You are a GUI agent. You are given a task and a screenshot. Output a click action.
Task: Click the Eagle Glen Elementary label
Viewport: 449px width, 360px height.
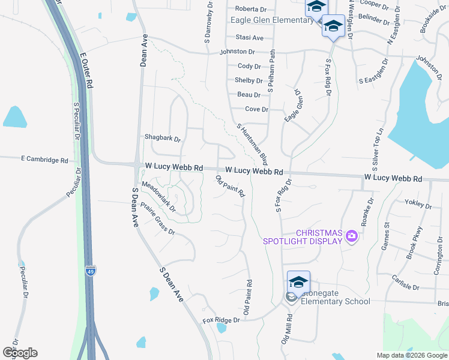click(272, 20)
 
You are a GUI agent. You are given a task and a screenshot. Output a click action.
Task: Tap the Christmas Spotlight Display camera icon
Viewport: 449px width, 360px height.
click(352, 237)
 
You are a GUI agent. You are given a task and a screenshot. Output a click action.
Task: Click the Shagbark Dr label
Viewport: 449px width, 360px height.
click(162, 138)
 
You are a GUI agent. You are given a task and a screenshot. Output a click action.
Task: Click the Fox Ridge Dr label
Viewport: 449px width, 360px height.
click(221, 320)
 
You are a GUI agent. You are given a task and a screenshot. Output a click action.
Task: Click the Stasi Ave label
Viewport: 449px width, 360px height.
click(250, 37)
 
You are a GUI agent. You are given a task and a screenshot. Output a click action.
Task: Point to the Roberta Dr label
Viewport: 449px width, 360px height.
click(250, 9)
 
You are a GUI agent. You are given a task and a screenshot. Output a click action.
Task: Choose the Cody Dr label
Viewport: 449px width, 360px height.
click(249, 67)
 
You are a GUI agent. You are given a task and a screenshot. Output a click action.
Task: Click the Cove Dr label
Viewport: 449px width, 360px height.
click(256, 109)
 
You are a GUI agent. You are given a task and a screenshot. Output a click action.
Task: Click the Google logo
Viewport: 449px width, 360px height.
click(20, 353)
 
